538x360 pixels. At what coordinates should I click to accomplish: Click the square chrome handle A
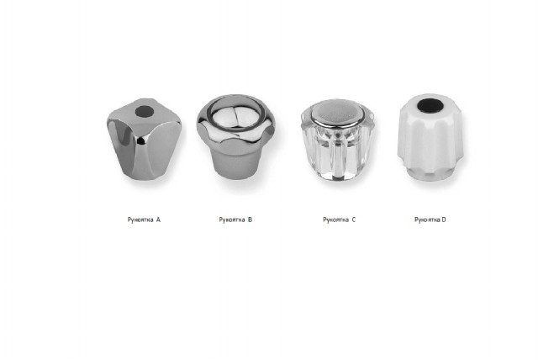144,139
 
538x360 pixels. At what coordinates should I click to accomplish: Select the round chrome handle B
235,136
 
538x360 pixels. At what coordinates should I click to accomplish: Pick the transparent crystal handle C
337,140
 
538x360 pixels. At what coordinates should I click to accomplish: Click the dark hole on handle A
145,111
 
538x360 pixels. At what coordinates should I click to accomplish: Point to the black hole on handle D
428,105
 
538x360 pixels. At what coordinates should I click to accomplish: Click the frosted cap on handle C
337,112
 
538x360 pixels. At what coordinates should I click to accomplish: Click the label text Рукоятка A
144,220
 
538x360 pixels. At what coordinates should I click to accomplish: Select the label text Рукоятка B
235,220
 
